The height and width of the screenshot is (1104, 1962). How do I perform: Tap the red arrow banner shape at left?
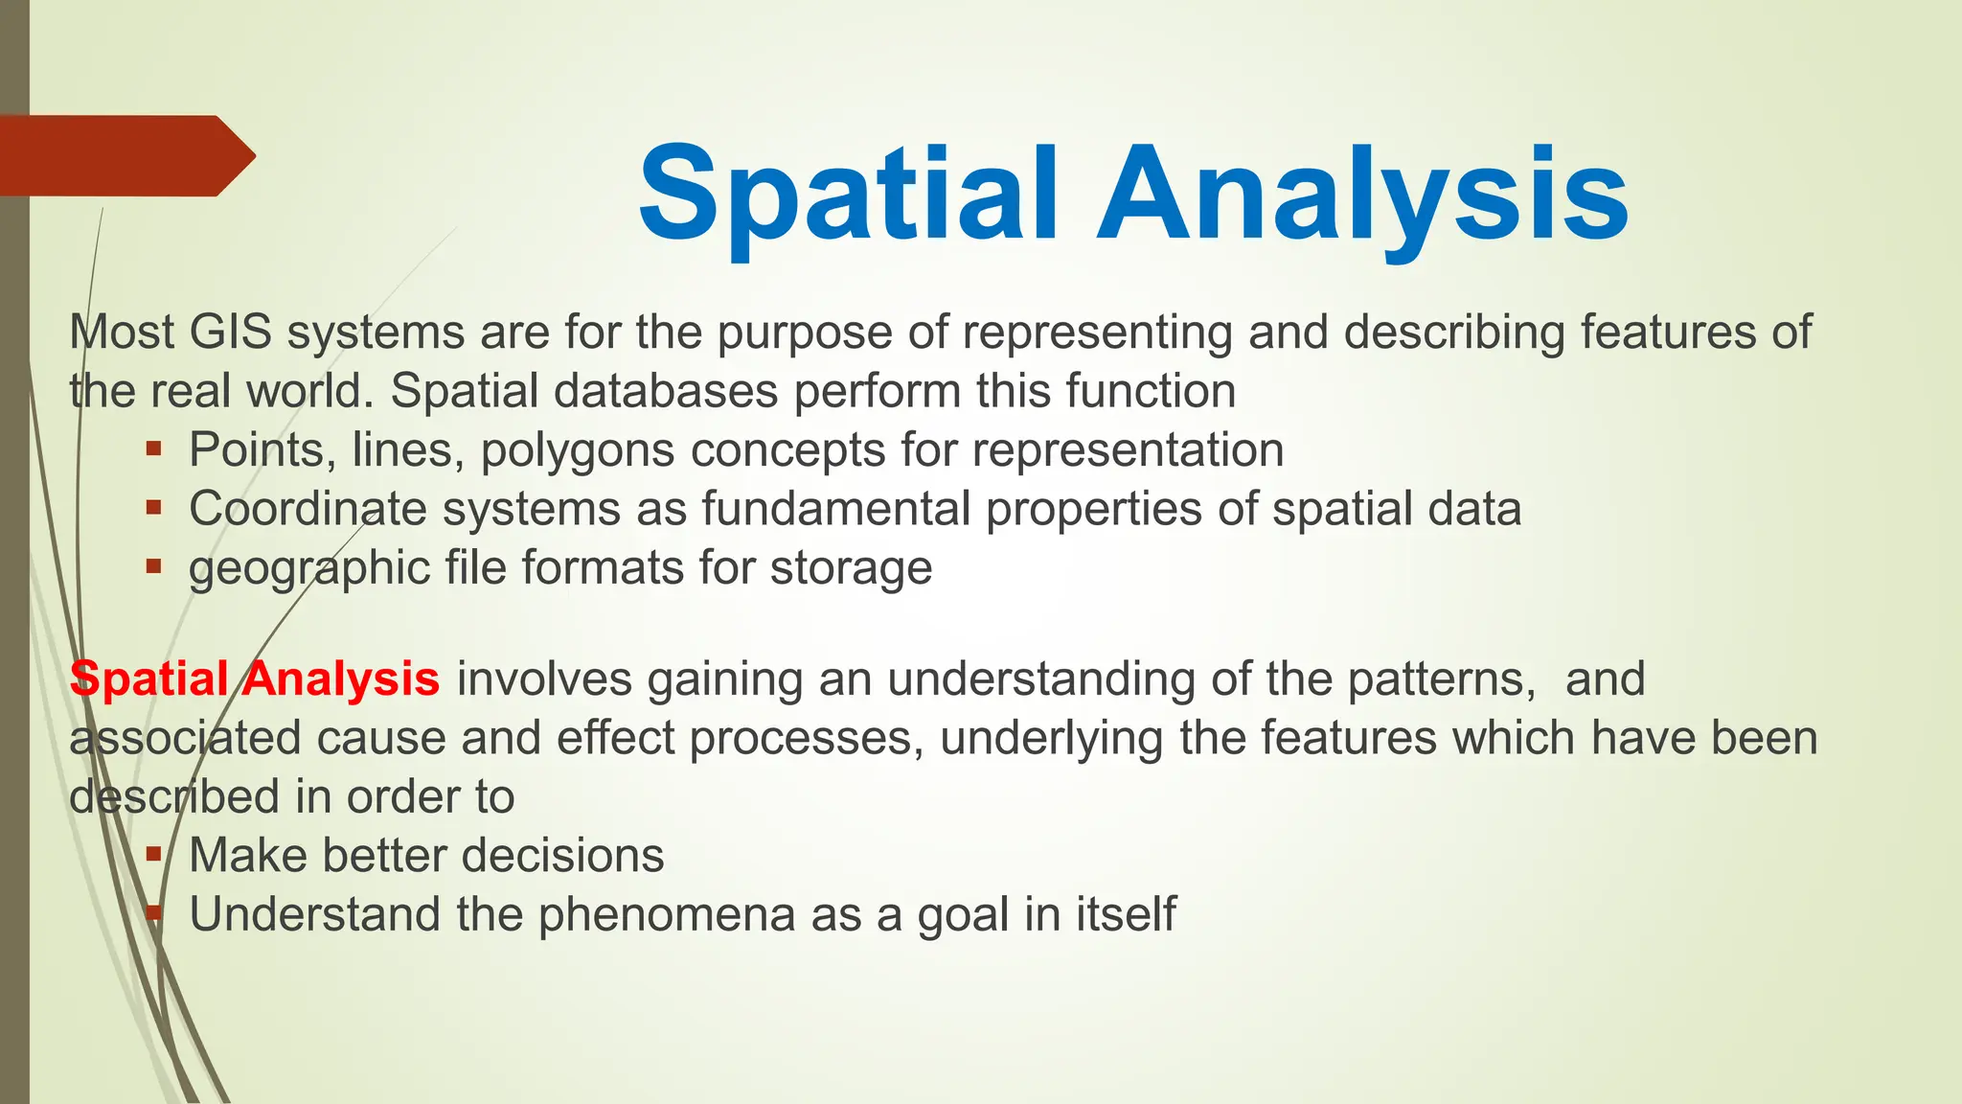(x=125, y=155)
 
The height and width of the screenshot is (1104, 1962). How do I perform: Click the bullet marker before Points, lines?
(x=153, y=448)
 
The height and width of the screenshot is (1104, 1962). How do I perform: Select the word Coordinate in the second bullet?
(x=308, y=509)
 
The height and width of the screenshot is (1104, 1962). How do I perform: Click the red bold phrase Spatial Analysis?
(x=255, y=678)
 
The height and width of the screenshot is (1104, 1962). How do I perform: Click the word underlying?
(x=1051, y=739)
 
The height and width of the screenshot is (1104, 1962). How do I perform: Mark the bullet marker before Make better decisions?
(x=153, y=853)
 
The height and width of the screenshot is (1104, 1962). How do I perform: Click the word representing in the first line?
(x=1097, y=333)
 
